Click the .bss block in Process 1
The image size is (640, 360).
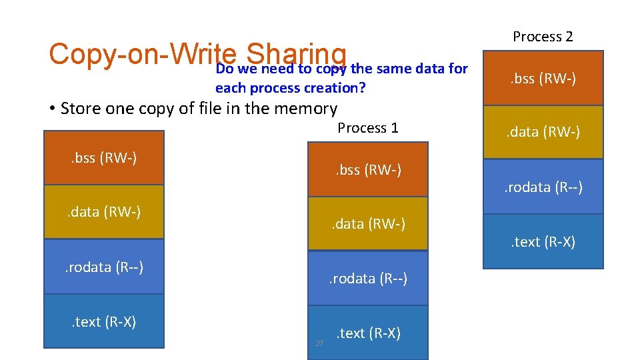click(367, 169)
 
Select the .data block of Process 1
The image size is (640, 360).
click(367, 224)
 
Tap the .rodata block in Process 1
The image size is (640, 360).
click(367, 278)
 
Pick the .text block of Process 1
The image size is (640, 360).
click(367, 333)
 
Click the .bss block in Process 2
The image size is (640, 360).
click(543, 79)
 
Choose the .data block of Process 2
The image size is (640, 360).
click(543, 132)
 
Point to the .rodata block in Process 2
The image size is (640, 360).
click(543, 187)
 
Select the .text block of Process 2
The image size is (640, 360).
click(543, 241)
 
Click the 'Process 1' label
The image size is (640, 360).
click(367, 128)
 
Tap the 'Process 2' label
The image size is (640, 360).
click(543, 37)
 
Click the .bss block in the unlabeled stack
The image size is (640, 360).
click(103, 158)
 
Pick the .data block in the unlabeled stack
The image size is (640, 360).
click(103, 212)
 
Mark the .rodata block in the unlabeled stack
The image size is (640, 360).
click(103, 267)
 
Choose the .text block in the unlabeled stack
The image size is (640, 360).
click(103, 321)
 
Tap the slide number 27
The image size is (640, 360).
click(319, 343)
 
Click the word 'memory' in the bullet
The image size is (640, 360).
click(307, 108)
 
